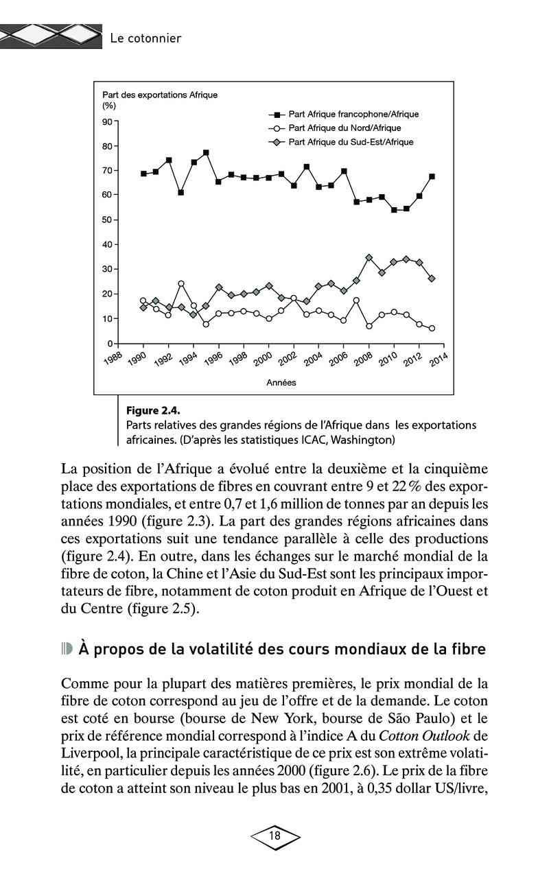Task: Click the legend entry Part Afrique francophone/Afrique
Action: coord(353,115)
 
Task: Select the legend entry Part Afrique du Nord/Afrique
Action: coord(344,128)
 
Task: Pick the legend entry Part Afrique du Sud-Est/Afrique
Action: coord(350,142)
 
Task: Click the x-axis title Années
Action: coord(281,382)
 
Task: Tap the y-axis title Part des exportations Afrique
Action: coord(159,95)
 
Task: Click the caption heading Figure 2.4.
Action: coord(152,411)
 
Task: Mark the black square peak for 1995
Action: coord(206,152)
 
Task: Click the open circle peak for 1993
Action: coord(181,283)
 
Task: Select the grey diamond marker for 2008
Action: coord(369,257)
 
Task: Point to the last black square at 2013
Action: coord(432,176)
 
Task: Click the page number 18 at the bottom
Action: coord(275,836)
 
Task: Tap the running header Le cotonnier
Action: coord(145,38)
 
